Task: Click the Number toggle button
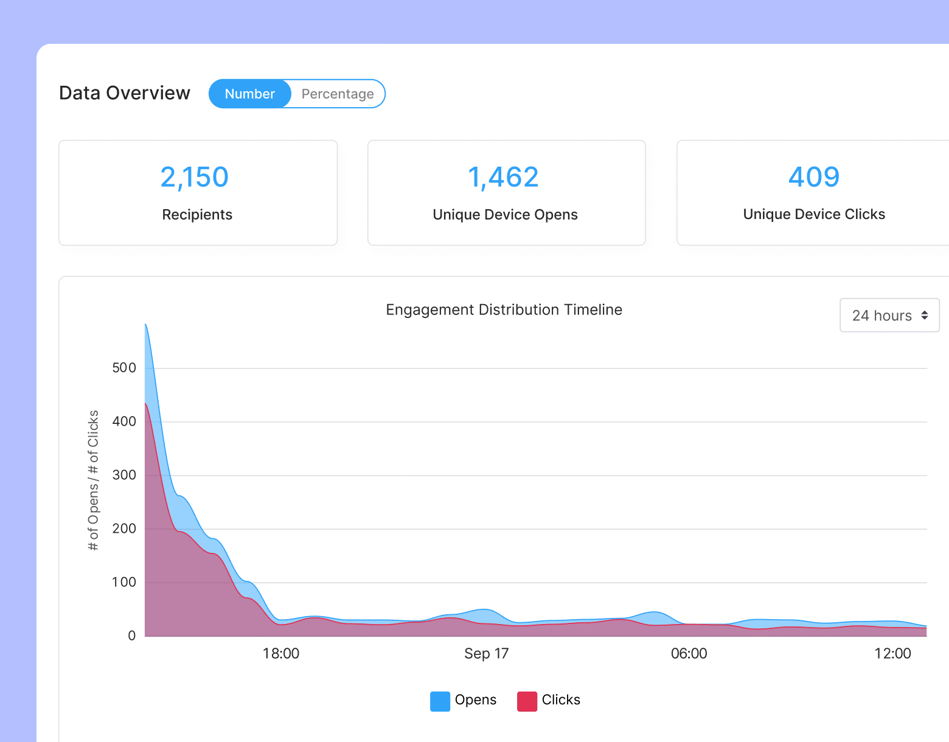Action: [x=250, y=94]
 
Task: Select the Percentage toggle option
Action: [x=338, y=94]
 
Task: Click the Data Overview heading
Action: [x=125, y=93]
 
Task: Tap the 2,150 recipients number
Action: [x=195, y=178]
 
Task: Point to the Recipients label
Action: [x=197, y=215]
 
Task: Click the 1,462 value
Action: [x=504, y=178]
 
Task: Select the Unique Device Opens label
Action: [x=505, y=215]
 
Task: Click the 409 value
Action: [x=814, y=178]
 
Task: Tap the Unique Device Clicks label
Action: [x=814, y=214]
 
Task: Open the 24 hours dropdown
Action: [x=889, y=315]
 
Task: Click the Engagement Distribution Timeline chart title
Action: [x=504, y=310]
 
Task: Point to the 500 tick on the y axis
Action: [x=124, y=367]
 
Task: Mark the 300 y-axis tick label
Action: [x=124, y=475]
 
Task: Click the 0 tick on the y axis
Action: [x=131, y=636]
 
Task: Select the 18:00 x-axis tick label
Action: [x=280, y=654]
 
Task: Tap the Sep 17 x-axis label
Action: [x=486, y=654]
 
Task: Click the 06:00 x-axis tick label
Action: [x=689, y=654]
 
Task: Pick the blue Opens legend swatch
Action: [x=440, y=701]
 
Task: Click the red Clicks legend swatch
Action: [x=527, y=701]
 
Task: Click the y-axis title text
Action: [x=93, y=480]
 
